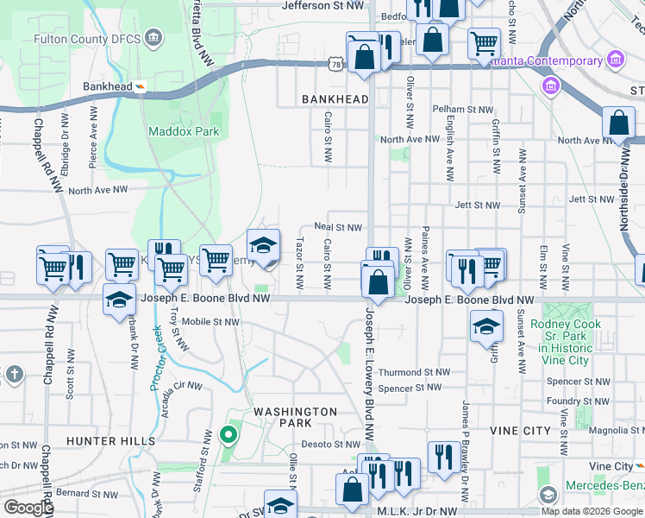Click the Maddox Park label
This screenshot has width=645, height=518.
pos(184,132)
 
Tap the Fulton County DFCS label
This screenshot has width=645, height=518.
pos(86,39)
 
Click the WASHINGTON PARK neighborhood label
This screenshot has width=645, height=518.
pos(294,419)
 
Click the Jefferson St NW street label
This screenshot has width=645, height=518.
pos(323,5)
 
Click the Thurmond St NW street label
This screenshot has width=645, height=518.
pos(415,372)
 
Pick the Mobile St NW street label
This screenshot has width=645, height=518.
pos(210,322)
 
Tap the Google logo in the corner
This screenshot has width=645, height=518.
pos(28,508)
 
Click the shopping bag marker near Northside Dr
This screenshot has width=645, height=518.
pos(618,123)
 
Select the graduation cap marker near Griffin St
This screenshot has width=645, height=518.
pos(486,327)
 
